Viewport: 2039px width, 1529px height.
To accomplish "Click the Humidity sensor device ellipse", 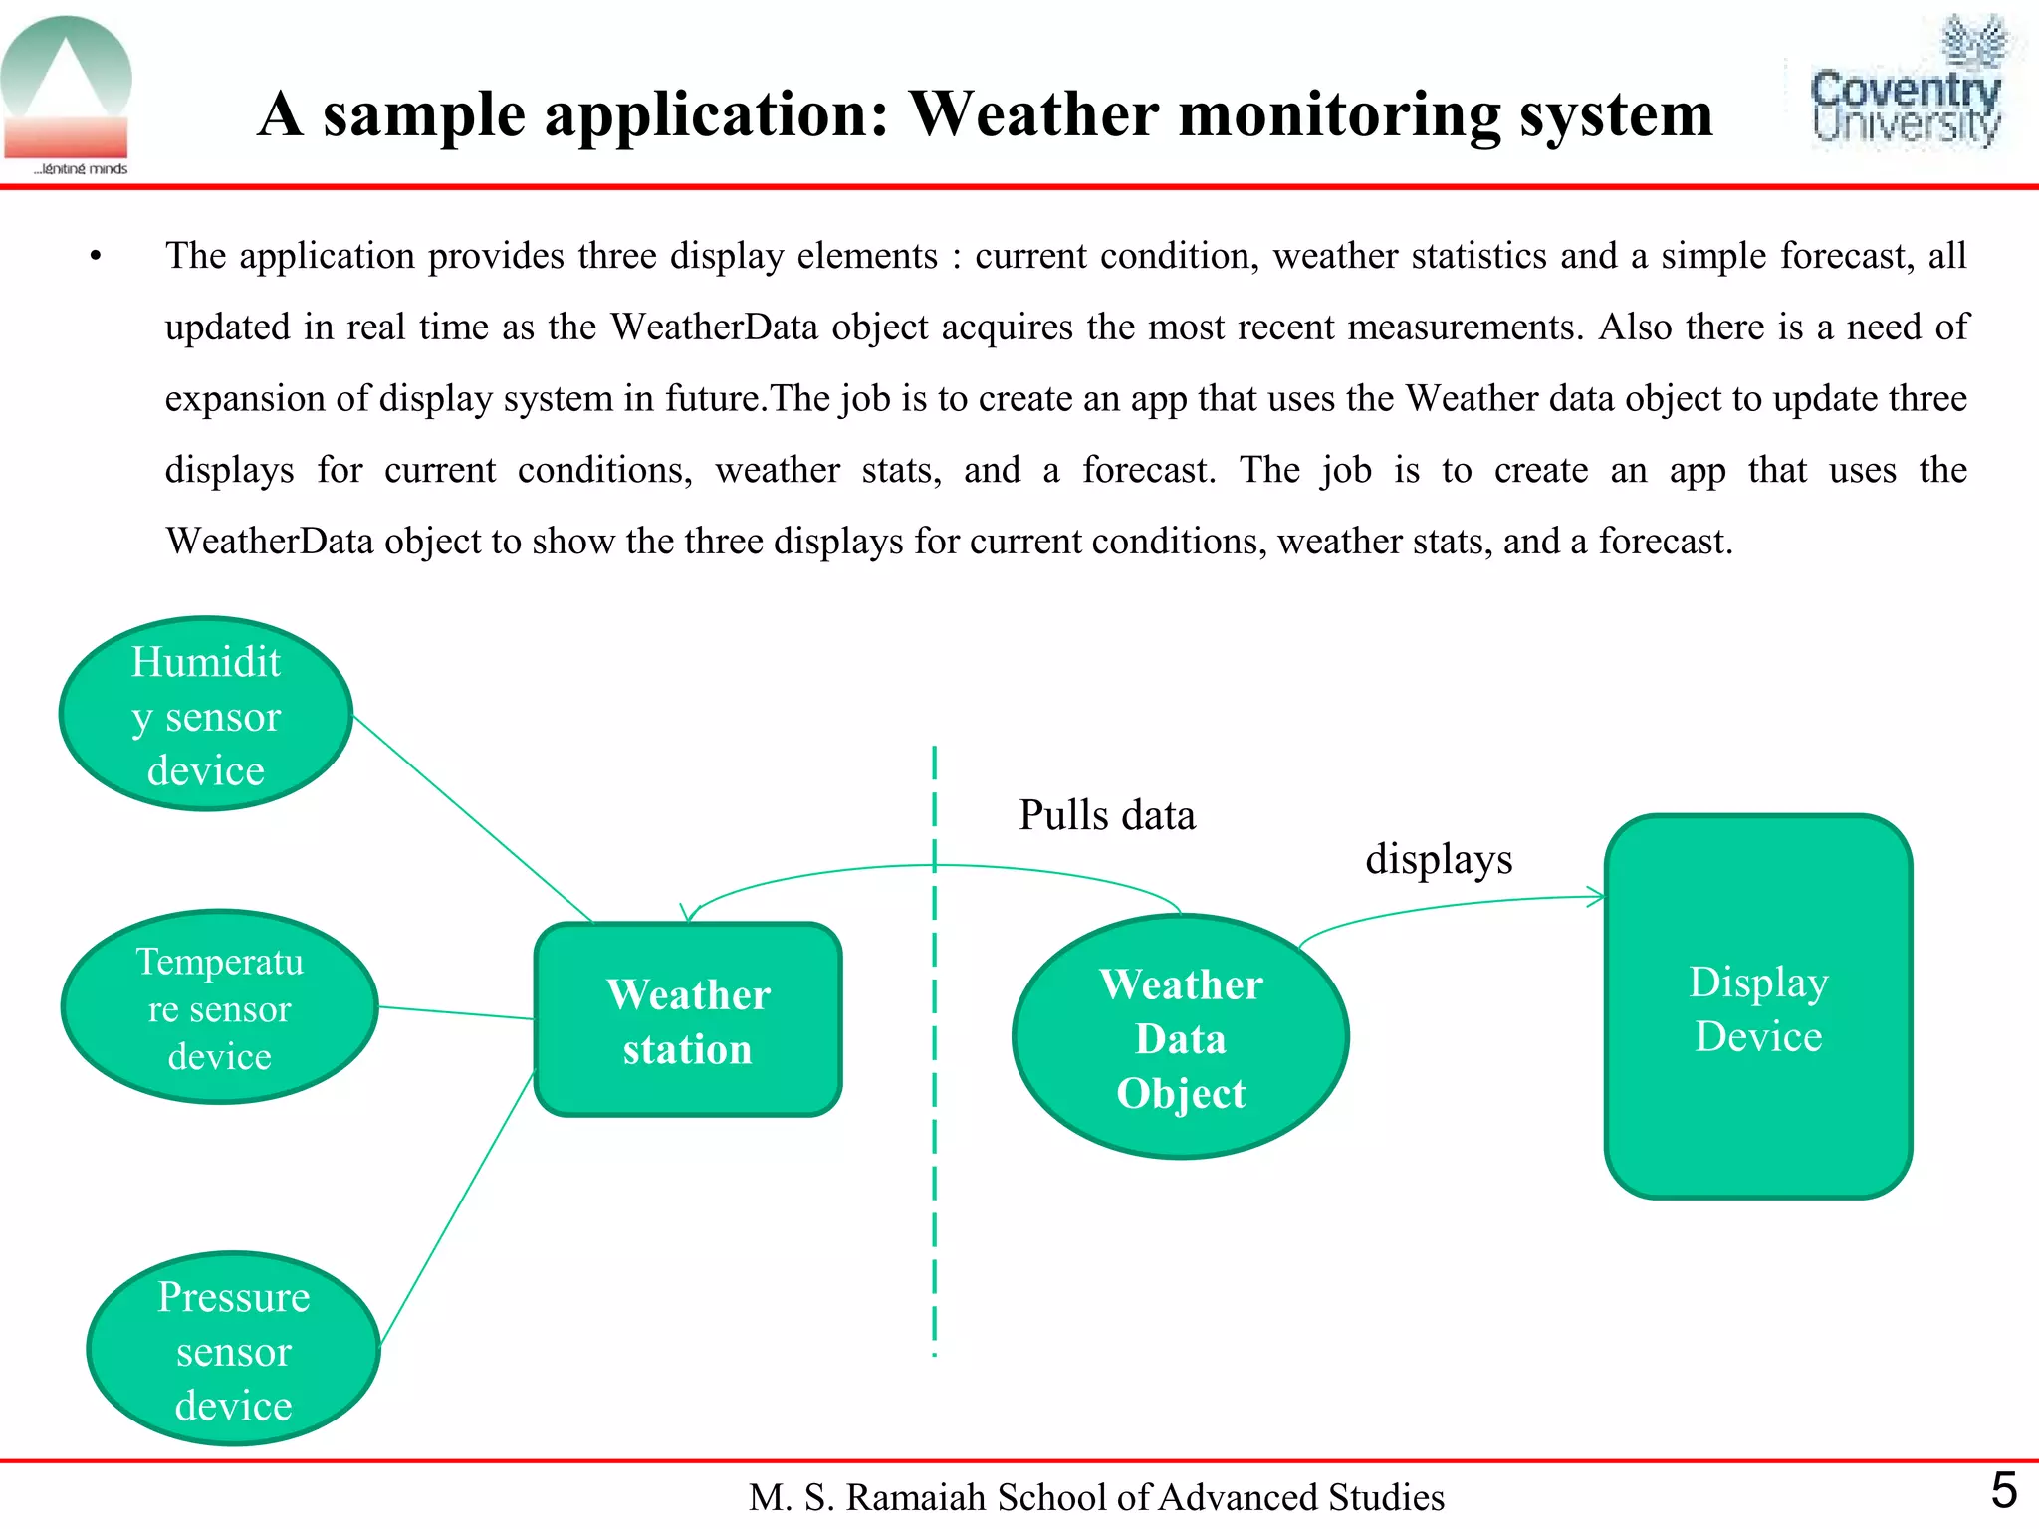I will tap(206, 714).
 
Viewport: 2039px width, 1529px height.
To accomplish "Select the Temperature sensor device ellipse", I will tap(219, 1007).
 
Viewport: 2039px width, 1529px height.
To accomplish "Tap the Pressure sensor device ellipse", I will tap(234, 1349).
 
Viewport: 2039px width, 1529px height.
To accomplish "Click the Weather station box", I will tap(688, 1020).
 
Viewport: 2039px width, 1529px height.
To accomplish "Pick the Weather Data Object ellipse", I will tap(1181, 1037).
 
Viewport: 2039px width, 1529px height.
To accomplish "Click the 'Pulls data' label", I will tap(1106, 815).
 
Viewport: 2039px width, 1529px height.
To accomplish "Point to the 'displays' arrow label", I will tap(1439, 858).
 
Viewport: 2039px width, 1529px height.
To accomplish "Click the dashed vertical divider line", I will tap(934, 1095).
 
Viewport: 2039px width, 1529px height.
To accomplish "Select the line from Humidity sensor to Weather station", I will tap(473, 818).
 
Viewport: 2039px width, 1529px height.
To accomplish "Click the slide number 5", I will tap(2003, 1490).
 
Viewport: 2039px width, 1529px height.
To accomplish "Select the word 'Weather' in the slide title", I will tap(1033, 113).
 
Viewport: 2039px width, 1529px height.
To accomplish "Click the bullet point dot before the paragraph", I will tap(96, 258).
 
